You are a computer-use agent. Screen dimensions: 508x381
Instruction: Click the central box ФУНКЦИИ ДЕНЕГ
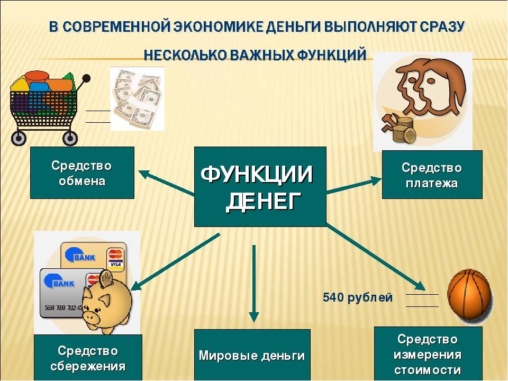(x=260, y=187)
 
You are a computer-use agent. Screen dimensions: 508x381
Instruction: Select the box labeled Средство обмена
(x=83, y=173)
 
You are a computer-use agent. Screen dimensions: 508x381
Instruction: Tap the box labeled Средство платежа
(x=432, y=175)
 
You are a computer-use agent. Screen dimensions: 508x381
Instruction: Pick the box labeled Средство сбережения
(x=88, y=358)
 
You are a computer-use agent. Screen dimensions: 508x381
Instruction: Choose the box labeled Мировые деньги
(x=252, y=355)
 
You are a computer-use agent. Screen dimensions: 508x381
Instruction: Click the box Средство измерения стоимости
(x=428, y=354)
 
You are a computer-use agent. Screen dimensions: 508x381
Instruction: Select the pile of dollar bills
(x=138, y=99)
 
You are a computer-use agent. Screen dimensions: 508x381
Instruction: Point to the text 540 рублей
(x=358, y=297)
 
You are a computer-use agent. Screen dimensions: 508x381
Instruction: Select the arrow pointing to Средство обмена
(x=166, y=183)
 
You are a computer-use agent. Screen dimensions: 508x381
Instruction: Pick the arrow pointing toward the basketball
(x=376, y=257)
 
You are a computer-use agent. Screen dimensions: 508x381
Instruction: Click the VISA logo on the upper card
(x=115, y=265)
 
